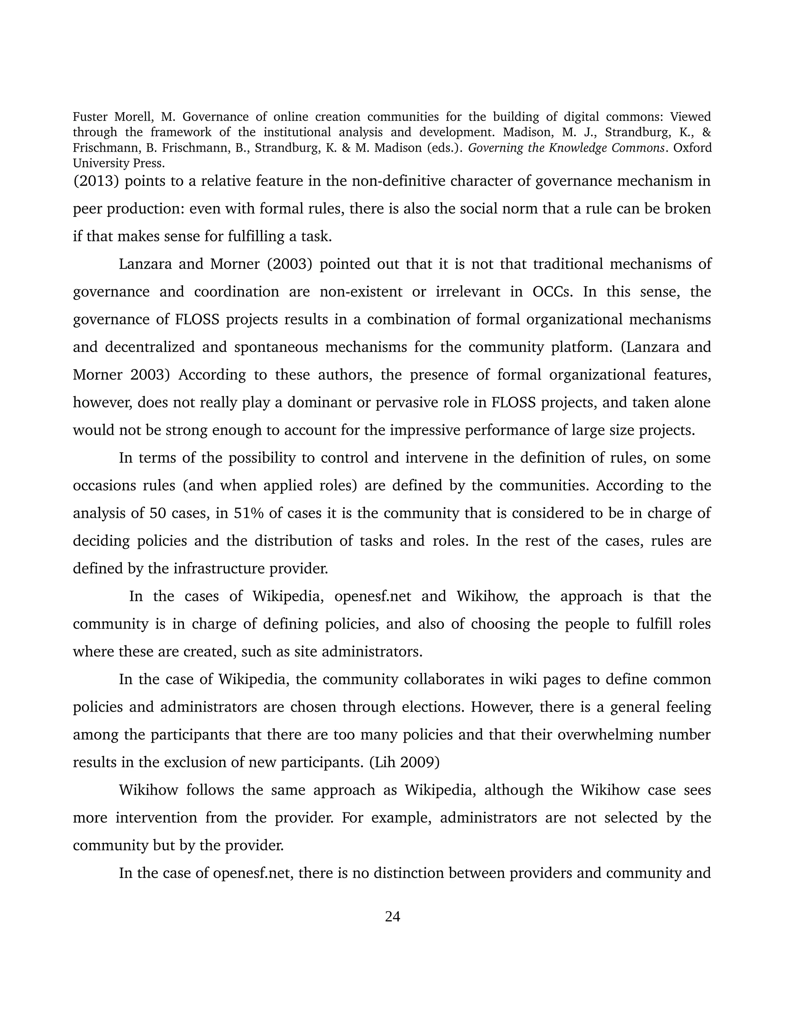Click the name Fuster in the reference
tap(89, 117)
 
